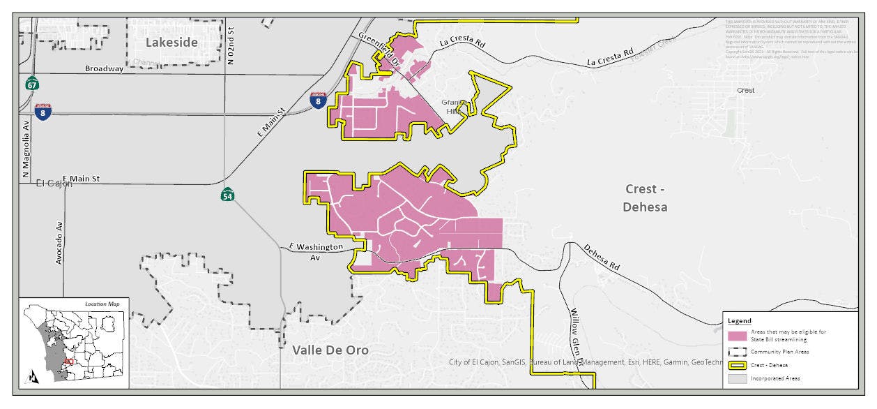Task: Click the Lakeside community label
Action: [x=171, y=43]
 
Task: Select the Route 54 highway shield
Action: [x=227, y=195]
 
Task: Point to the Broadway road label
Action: [x=104, y=68]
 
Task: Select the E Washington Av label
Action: [x=316, y=252]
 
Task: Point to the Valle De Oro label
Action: [x=330, y=350]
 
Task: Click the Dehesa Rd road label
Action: [x=601, y=258]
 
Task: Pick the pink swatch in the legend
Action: [x=738, y=336]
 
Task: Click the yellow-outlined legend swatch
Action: [x=738, y=365]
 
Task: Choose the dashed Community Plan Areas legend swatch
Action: [x=738, y=351]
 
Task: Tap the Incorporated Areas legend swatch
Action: [x=738, y=378]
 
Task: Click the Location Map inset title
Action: [x=102, y=304]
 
